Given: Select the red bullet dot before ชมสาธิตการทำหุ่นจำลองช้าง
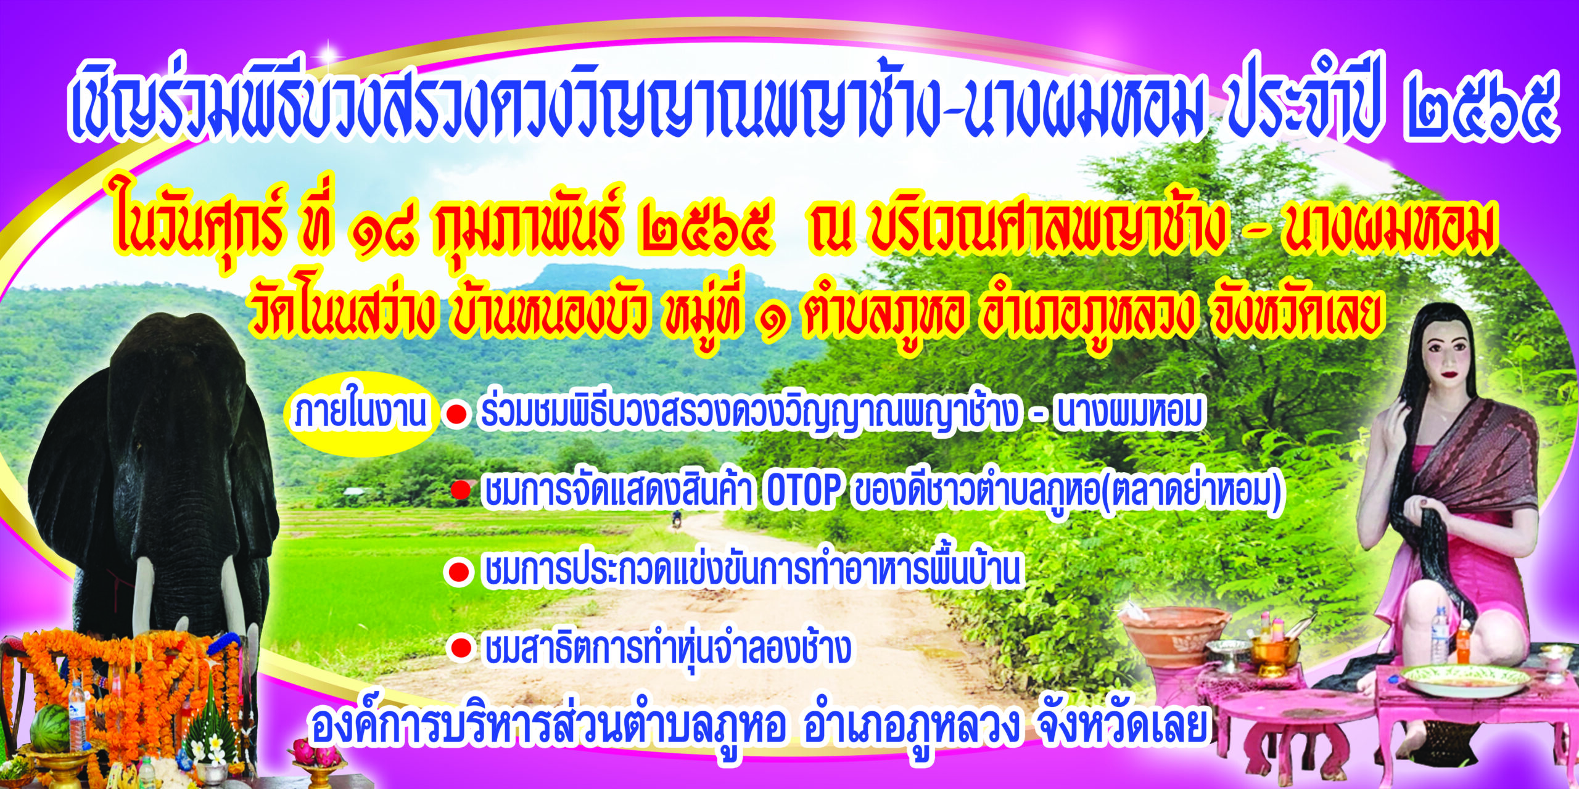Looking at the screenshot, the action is [x=461, y=648].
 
